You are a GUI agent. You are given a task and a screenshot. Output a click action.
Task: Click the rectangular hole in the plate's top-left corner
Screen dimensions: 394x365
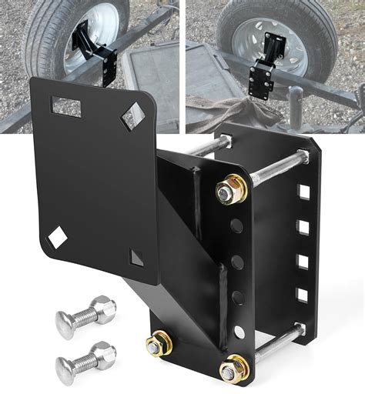[x=65, y=107]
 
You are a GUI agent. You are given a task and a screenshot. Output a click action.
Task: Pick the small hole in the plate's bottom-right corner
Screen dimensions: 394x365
[x=136, y=257]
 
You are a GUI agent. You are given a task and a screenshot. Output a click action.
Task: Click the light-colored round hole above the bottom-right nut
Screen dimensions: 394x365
[x=240, y=333]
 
